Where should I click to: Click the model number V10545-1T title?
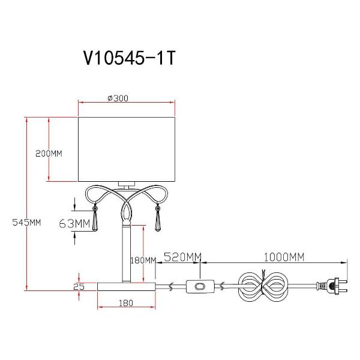pyautogui.click(x=130, y=58)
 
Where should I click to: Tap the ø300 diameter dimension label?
pyautogui.click(x=118, y=98)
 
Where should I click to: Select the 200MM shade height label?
pyautogui.click(x=49, y=154)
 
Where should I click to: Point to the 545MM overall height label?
pyautogui.click(x=26, y=222)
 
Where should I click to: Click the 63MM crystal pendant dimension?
pyautogui.click(x=74, y=223)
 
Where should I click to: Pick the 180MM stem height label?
pyautogui.click(x=143, y=260)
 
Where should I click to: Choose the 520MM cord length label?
pyautogui.click(x=182, y=257)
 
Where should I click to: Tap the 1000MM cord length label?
pyautogui.click(x=284, y=257)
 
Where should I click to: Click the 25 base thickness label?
pyautogui.click(x=79, y=287)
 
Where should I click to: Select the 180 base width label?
pyautogui.click(x=126, y=303)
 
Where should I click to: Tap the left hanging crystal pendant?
pyautogui.click(x=95, y=218)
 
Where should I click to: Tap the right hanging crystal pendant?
pyautogui.click(x=157, y=218)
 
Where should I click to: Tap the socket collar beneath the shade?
pyautogui.click(x=127, y=184)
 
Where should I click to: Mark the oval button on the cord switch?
pyautogui.click(x=200, y=287)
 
